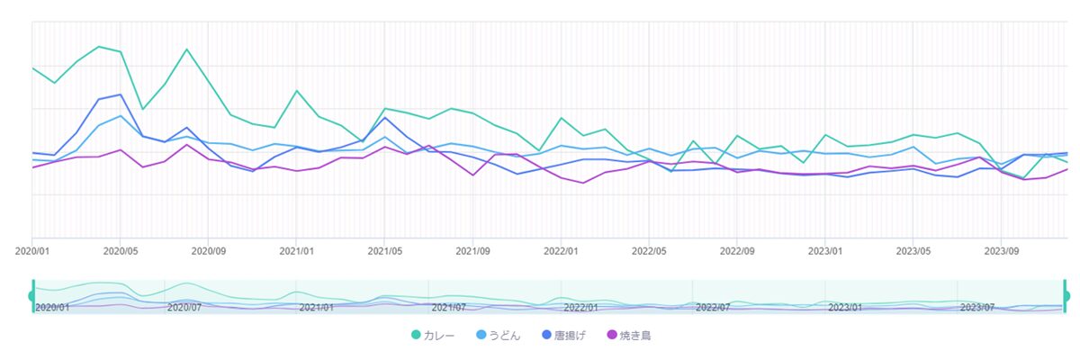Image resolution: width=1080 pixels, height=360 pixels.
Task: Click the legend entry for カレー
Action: (433, 336)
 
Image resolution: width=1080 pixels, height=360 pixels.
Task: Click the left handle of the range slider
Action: (32, 296)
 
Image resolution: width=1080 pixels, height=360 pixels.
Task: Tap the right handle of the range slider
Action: (1066, 296)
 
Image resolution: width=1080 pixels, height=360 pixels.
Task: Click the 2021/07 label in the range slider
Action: (448, 307)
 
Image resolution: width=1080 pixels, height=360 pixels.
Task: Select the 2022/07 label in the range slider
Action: (712, 307)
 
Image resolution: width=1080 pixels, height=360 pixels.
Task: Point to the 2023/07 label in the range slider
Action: (976, 307)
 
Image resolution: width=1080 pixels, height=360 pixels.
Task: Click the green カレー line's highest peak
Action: (98, 46)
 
